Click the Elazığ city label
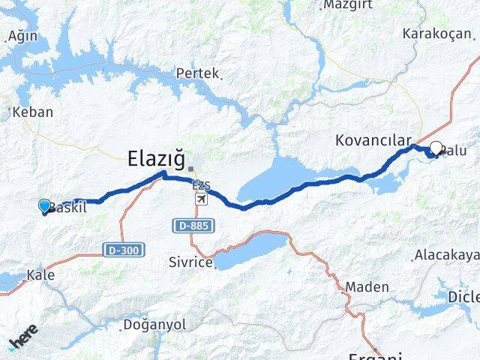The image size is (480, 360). (156, 158)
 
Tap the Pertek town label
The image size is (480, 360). (197, 73)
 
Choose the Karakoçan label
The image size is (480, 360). (437, 34)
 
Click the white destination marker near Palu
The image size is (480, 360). (436, 148)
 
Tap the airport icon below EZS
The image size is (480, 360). (201, 199)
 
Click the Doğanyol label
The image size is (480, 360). (153, 325)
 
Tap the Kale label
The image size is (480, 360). (40, 275)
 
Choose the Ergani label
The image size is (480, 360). (373, 355)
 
